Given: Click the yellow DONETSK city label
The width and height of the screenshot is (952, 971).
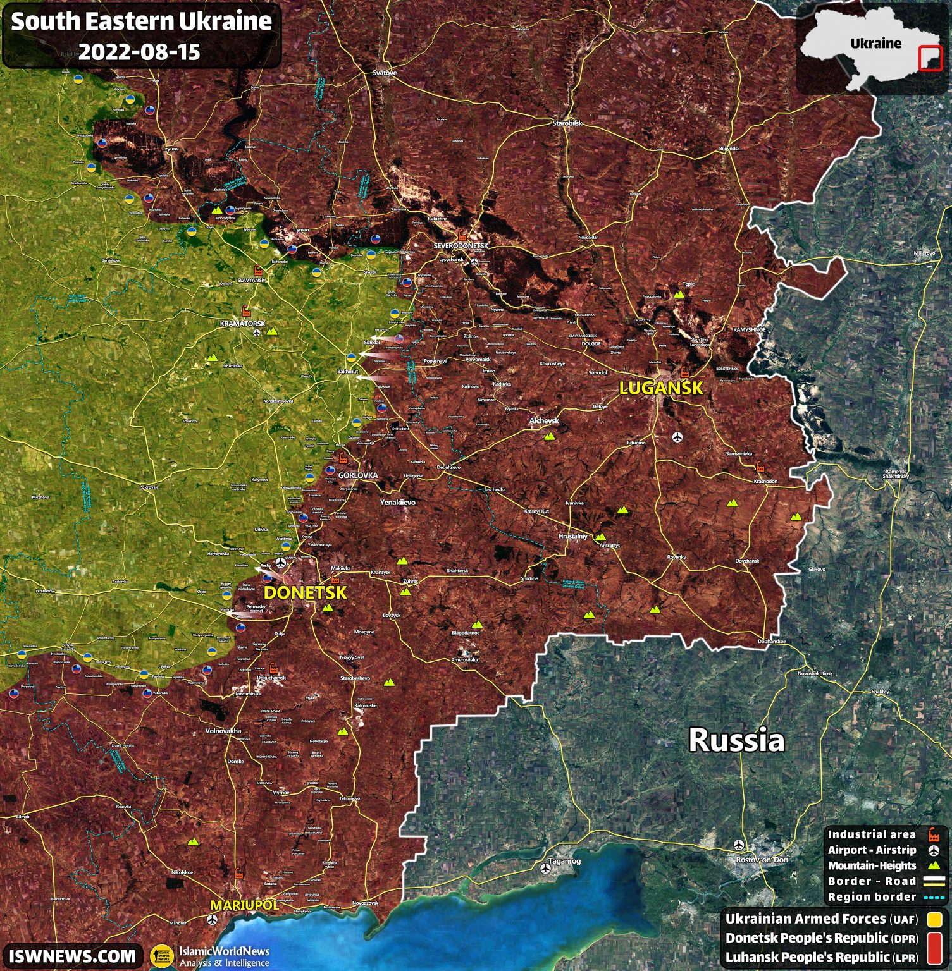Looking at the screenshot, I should tap(305, 592).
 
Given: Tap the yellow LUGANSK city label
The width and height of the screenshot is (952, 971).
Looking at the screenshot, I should tap(660, 388).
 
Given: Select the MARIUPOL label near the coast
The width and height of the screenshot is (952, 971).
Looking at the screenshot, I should tap(244, 905).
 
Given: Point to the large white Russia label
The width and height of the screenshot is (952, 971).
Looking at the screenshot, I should tap(736, 740).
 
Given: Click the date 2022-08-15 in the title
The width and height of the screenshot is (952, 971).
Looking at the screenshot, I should tap(139, 51).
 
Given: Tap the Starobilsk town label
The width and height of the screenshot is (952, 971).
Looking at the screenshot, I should tap(567, 123).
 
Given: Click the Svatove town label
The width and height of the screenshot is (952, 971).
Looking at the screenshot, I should tap(385, 73).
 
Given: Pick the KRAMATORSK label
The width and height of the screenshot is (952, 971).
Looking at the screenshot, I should tap(242, 324).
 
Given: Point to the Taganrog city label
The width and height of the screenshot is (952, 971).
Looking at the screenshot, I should tap(564, 860).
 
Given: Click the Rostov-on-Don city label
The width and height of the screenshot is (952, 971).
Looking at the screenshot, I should tap(762, 860).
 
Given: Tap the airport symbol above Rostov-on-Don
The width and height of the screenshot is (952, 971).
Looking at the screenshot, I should tap(738, 845).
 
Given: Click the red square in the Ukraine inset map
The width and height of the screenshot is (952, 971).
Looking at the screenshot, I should tap(930, 59).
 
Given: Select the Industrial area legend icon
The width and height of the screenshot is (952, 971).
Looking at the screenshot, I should tap(934, 834).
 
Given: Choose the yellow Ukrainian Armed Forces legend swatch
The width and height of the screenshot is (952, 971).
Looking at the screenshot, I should tap(934, 919).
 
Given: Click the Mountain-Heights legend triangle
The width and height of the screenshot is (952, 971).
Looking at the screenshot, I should tap(934, 865).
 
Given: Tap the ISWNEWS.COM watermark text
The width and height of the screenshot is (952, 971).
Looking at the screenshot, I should tap(72, 955).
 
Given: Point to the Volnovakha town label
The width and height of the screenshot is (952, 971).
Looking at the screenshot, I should tap(223, 731).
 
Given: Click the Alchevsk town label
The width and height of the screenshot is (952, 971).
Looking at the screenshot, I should tap(544, 420).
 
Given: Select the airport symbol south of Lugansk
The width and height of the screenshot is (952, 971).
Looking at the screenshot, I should tap(677, 436).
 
